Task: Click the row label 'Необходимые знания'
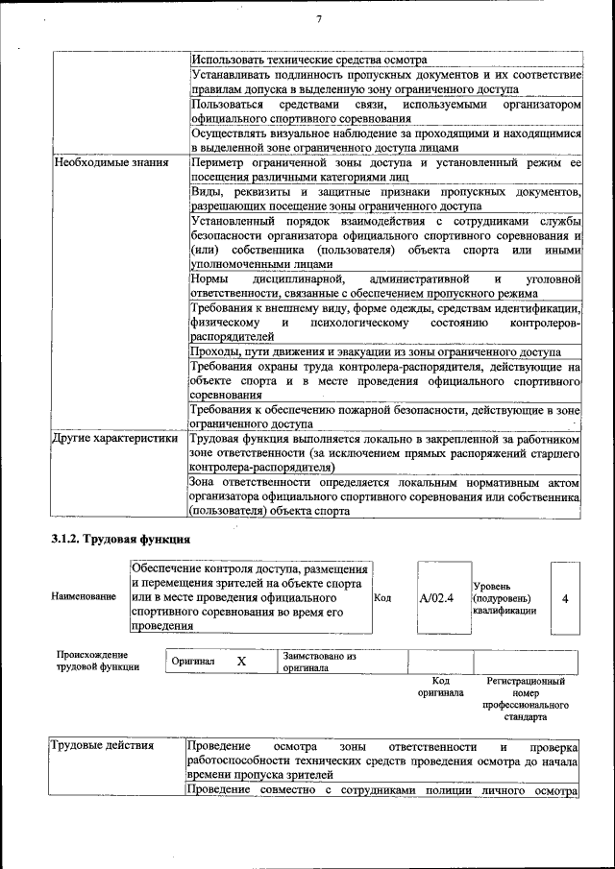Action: coord(107,163)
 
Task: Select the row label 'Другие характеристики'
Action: coord(115,439)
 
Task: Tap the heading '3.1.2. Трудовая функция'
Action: coord(120,539)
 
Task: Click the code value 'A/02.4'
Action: coord(436,597)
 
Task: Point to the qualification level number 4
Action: coord(565,598)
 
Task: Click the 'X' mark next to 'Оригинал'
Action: coord(241,662)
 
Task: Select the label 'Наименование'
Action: coord(84,597)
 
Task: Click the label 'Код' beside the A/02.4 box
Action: coord(381,597)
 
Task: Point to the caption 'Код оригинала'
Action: coord(440,687)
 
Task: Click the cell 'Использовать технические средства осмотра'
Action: coord(308,60)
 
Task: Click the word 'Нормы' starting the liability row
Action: coord(209,278)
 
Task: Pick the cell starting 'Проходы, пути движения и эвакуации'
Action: coord(376,351)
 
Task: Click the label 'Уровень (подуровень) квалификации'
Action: coord(504,597)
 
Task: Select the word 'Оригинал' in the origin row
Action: coord(193,662)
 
